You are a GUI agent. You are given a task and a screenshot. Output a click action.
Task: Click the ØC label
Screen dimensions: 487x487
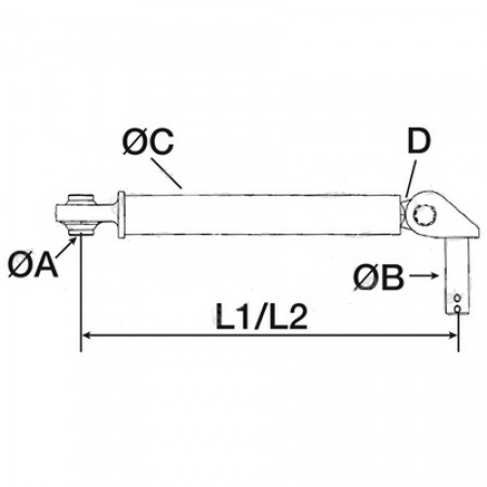pos(148,142)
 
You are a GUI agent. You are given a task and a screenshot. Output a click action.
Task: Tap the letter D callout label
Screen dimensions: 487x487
pos(419,141)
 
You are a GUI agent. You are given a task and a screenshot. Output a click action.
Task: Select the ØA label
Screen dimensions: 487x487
pos(33,265)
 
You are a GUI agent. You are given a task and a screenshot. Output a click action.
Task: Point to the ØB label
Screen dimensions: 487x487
pos(379,277)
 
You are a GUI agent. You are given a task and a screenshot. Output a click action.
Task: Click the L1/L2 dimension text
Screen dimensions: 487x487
pos(262,318)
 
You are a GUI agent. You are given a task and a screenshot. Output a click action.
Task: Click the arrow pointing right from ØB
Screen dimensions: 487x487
pos(424,276)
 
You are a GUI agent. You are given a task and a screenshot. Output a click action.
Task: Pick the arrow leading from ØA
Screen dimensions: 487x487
pos(67,247)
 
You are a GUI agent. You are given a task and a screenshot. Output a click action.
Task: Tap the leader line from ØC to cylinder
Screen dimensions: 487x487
pos(168,173)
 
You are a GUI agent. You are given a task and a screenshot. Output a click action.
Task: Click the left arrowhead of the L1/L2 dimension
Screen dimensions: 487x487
pos(87,336)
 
